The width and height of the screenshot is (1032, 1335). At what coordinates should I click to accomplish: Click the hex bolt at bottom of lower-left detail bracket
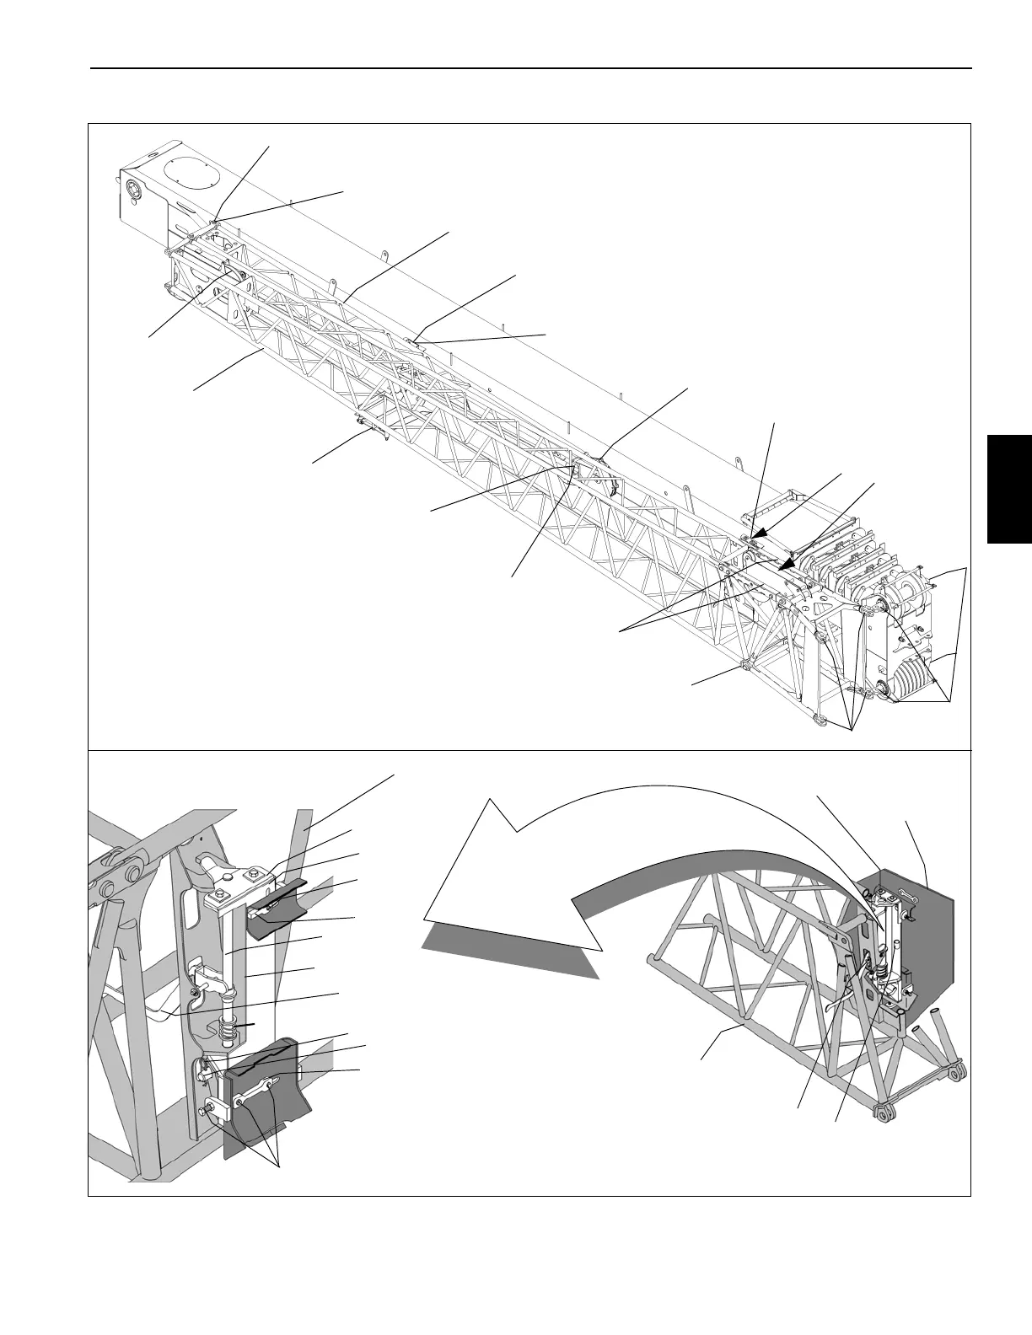click(207, 1112)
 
